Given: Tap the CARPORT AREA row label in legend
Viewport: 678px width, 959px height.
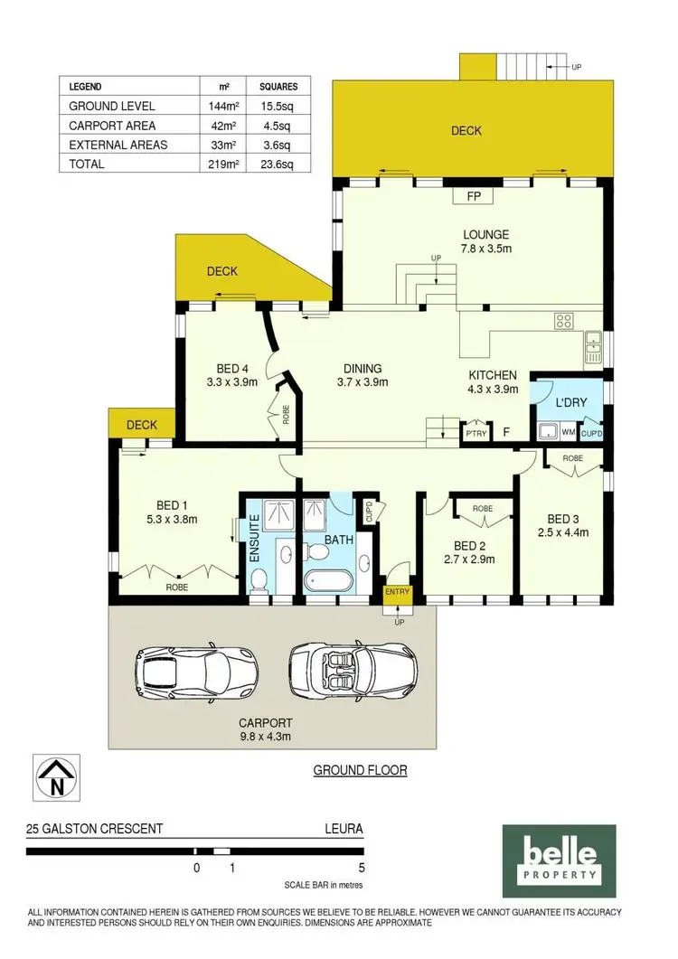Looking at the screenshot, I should [112, 126].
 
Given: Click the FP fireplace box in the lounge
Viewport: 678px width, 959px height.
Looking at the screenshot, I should [473, 194].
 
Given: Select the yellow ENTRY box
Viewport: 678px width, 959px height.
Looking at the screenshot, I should [397, 592].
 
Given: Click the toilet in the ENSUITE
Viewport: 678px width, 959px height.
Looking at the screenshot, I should [259, 578].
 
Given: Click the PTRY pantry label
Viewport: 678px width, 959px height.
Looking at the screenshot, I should [475, 433].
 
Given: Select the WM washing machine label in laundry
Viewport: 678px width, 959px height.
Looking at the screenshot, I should [569, 433].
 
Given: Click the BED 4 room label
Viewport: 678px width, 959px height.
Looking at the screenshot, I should [232, 368].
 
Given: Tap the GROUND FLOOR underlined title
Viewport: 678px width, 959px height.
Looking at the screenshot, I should [360, 770].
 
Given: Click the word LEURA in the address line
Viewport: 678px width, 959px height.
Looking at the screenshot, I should [344, 827].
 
